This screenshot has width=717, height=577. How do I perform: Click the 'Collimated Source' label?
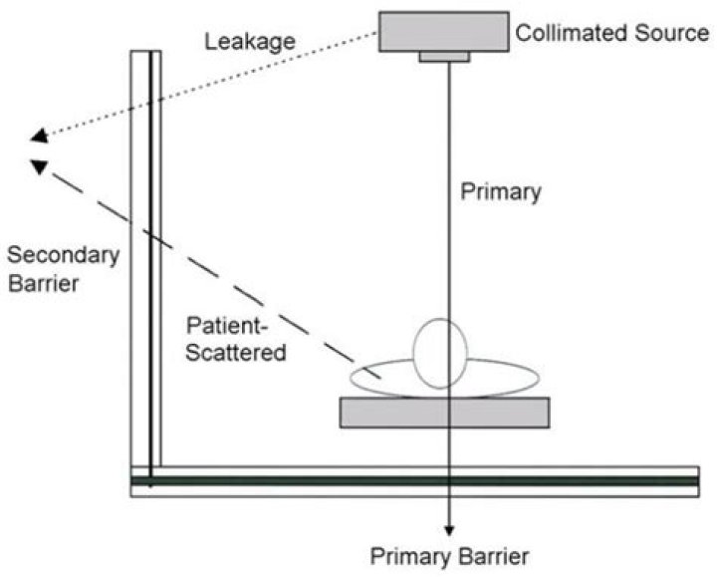click(611, 34)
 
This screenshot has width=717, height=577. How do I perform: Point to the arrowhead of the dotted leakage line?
click(38, 139)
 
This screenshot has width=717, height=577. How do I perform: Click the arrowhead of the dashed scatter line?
click(39, 166)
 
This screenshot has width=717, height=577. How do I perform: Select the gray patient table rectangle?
click(444, 413)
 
